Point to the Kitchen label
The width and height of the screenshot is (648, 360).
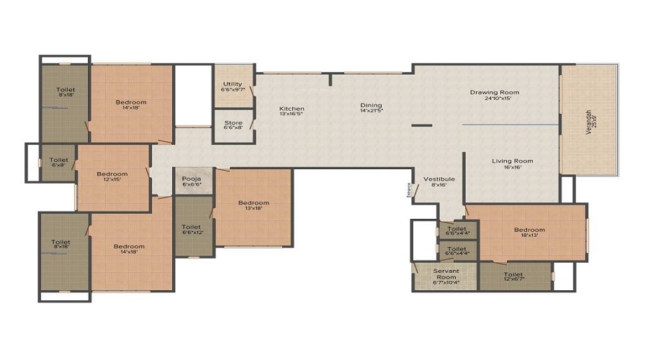(292, 109)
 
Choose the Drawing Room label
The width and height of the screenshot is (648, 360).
(495, 92)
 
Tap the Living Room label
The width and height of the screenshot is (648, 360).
(513, 161)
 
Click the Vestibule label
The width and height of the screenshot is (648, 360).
(438, 179)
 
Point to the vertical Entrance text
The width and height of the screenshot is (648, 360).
(408, 191)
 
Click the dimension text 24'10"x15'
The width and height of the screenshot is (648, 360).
(495, 99)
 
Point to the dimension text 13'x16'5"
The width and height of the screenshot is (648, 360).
(292, 114)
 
